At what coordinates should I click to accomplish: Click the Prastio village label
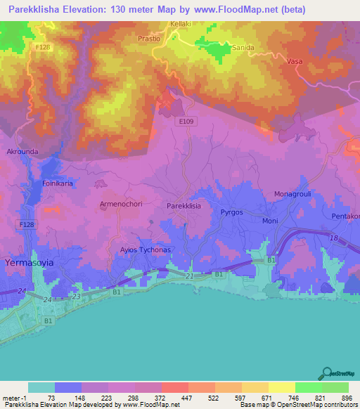click(150, 39)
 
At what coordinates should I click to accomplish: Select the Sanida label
click(243, 48)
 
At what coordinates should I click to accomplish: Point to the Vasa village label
click(294, 63)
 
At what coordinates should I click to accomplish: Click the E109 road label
click(184, 120)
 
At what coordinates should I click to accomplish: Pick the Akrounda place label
click(22, 151)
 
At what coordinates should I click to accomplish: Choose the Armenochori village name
click(122, 204)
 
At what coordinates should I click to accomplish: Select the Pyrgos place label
click(231, 211)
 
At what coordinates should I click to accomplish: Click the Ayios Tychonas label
click(145, 250)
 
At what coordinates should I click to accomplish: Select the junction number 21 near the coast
click(189, 277)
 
